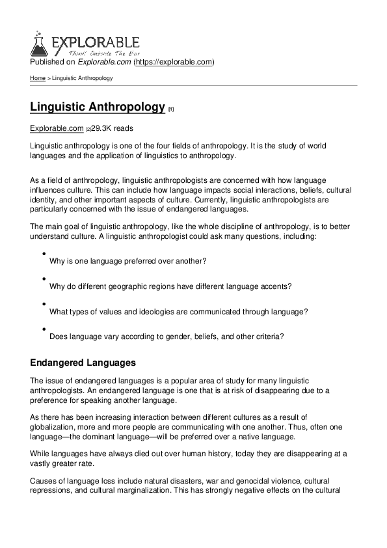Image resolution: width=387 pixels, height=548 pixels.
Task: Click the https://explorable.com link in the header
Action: pyautogui.click(x=174, y=62)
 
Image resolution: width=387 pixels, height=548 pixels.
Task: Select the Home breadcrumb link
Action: pyautogui.click(x=38, y=78)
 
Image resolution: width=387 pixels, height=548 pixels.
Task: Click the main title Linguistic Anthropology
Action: pyautogui.click(x=98, y=107)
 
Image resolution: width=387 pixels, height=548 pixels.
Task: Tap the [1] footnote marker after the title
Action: pyautogui.click(x=170, y=109)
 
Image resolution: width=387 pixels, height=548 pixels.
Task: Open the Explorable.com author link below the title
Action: pyautogui.click(x=57, y=128)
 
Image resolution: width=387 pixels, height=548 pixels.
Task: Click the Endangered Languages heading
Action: pyautogui.click(x=83, y=361)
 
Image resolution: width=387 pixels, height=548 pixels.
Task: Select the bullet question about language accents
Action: pyautogui.click(x=170, y=286)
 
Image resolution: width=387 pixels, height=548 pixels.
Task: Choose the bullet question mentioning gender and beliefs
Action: pyautogui.click(x=167, y=336)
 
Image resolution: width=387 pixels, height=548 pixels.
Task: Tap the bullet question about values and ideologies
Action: pyautogui.click(x=178, y=312)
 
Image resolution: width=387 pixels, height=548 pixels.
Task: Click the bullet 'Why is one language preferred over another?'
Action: pyautogui.click(x=128, y=261)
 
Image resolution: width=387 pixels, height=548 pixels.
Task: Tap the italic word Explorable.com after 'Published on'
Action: pyautogui.click(x=104, y=62)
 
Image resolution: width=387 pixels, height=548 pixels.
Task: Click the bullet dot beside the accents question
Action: pyautogui.click(x=43, y=279)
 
